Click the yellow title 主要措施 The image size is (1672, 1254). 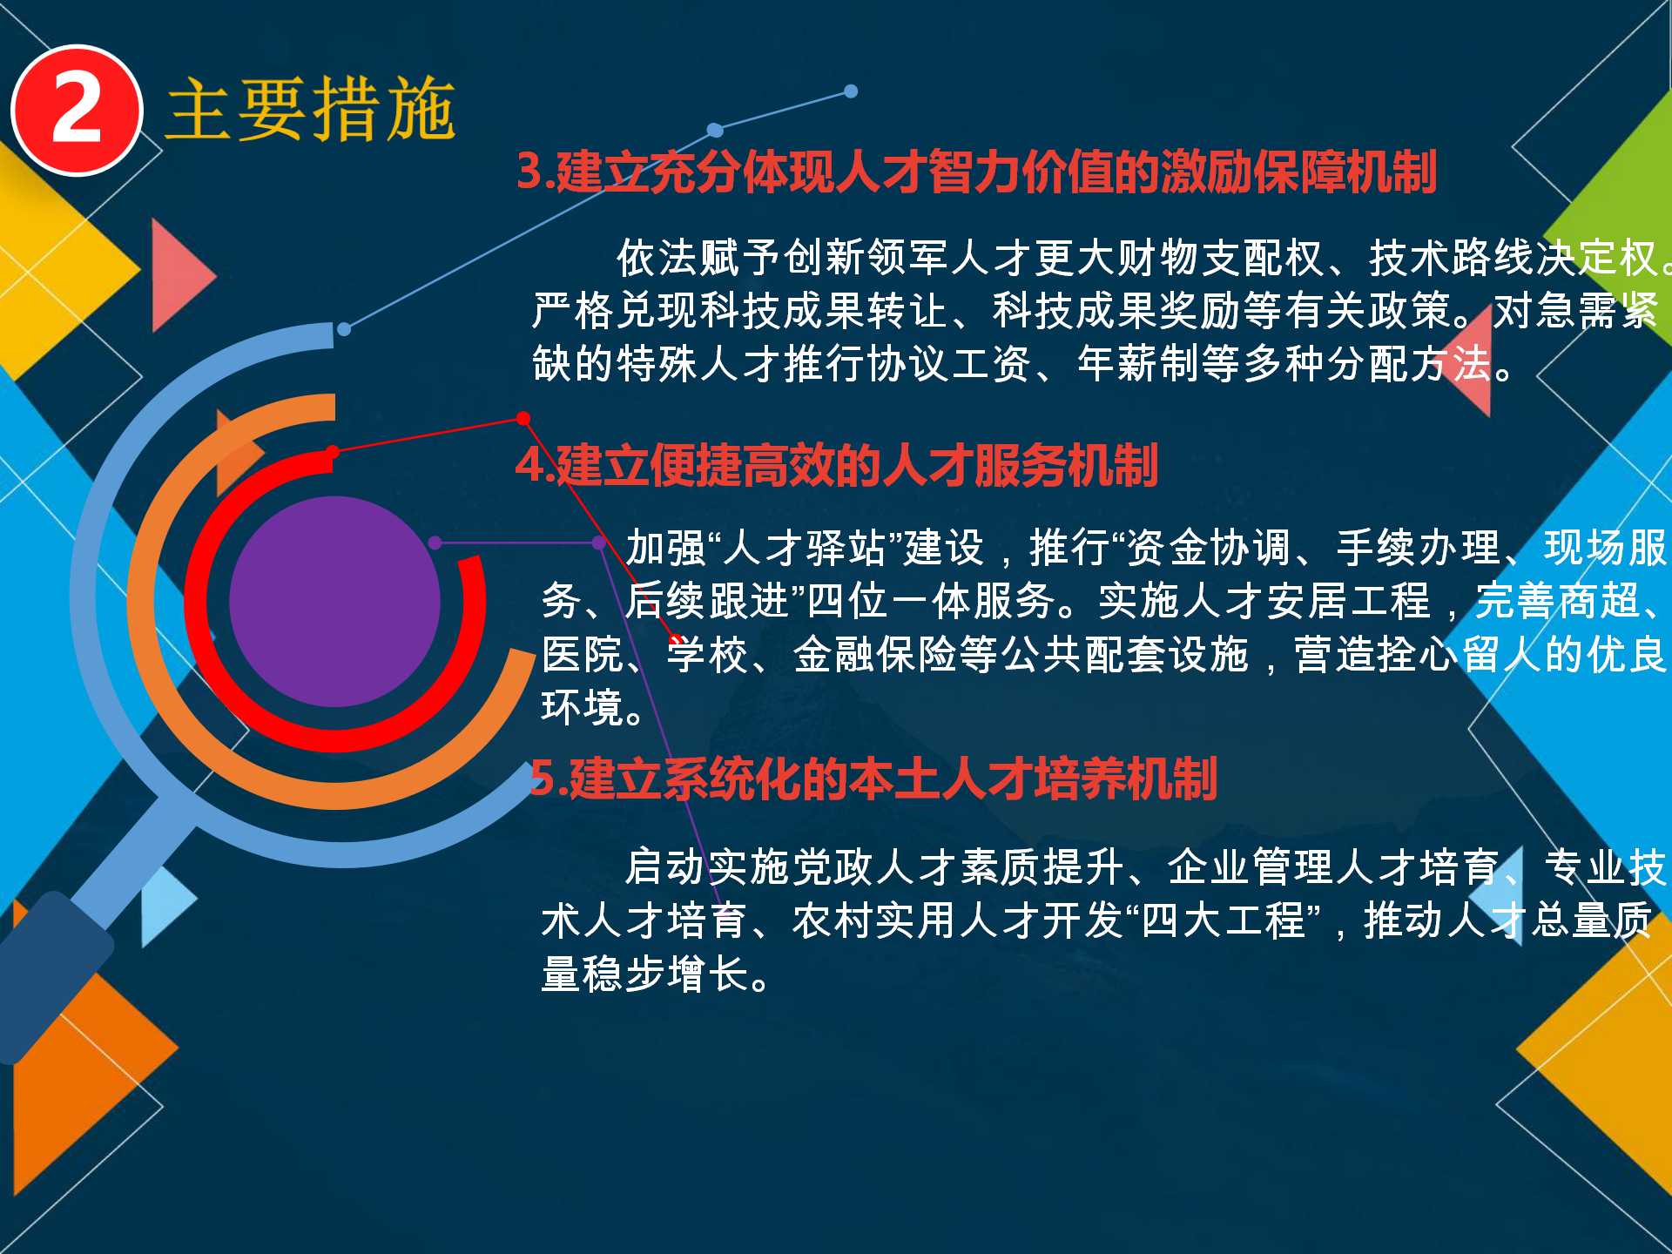click(311, 109)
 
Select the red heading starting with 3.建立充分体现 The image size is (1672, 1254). click(976, 172)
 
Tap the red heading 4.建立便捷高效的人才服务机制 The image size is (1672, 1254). click(836, 465)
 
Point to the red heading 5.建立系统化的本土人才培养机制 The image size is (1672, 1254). click(873, 779)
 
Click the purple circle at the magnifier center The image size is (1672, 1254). click(335, 601)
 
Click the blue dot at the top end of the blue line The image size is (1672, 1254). click(851, 91)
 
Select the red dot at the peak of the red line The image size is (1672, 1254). click(523, 419)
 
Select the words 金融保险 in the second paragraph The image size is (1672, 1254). click(875, 655)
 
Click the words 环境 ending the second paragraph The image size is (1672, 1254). click(583, 708)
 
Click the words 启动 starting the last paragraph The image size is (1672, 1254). click(666, 867)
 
